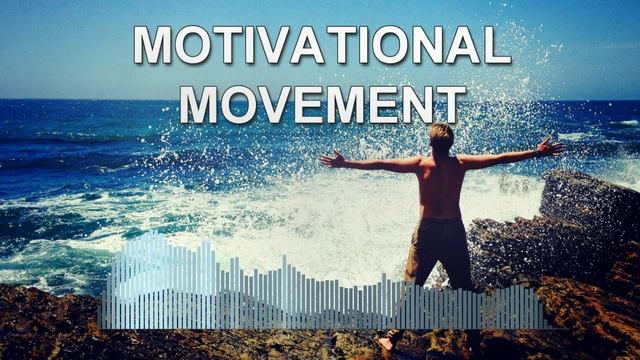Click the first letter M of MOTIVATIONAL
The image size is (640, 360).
click(154, 45)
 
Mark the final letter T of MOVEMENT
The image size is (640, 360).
click(452, 105)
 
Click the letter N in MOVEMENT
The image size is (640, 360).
click(416, 105)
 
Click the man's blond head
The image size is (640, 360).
click(441, 135)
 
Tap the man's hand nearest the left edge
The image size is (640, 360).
click(331, 158)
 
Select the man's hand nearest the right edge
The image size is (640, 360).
click(551, 147)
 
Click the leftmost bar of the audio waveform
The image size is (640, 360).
click(103, 300)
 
